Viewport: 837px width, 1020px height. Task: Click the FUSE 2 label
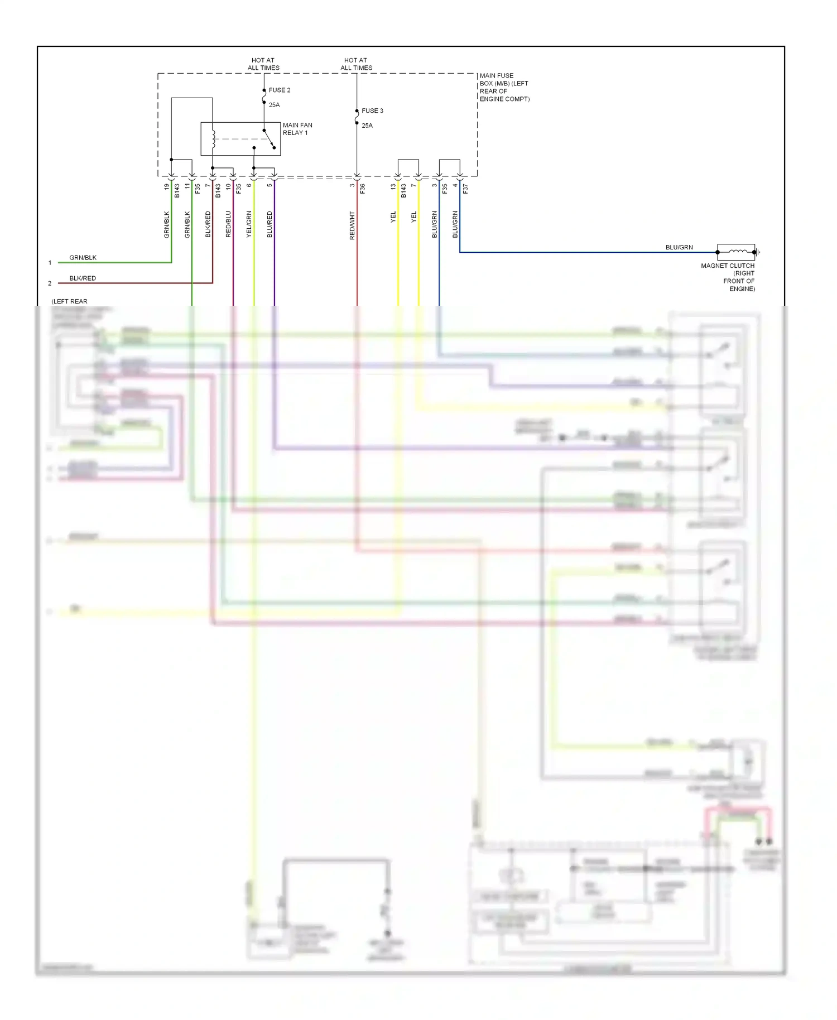tap(279, 90)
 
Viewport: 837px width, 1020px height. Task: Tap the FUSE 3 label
tap(372, 110)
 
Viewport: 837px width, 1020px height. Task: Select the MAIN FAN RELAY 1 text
tap(297, 129)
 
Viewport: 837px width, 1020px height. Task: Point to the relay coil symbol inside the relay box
tap(213, 139)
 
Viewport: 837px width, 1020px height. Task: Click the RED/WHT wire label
tap(352, 225)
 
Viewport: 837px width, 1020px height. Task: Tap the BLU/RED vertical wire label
tap(270, 224)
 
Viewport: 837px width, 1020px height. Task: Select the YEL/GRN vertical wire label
tap(249, 224)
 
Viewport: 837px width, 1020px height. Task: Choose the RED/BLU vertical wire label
tap(228, 224)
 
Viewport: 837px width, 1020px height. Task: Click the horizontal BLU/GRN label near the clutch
tap(679, 247)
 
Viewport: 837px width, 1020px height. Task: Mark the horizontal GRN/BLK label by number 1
tap(83, 258)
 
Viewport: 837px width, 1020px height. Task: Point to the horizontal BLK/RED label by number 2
tap(83, 278)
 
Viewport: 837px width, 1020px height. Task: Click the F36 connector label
tap(362, 189)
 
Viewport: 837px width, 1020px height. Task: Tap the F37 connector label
tap(465, 189)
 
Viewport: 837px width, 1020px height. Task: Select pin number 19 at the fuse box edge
tap(166, 187)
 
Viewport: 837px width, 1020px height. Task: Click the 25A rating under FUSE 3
tap(367, 126)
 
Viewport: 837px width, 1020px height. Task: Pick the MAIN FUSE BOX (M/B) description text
tap(504, 87)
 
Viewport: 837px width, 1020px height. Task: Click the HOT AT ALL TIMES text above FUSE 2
tap(263, 64)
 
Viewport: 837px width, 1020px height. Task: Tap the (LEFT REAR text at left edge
tap(69, 301)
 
